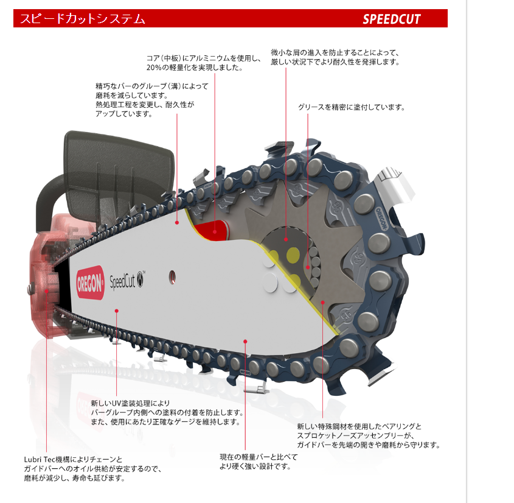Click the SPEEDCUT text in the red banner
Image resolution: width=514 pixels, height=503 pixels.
392,19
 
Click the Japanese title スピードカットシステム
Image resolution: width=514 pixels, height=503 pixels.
83,19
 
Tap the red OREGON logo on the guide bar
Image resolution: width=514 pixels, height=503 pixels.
90,282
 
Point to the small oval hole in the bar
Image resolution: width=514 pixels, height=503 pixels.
173,276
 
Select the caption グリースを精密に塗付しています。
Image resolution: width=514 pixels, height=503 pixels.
351,107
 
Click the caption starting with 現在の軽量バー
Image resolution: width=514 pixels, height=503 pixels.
259,462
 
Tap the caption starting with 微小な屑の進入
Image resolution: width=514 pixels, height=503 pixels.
335,57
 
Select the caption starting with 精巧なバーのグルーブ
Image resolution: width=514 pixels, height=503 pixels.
151,100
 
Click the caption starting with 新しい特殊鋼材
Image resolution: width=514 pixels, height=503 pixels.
368,435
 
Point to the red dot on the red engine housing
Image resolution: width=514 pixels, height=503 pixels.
47,291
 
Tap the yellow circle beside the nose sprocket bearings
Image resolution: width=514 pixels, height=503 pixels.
295,253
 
